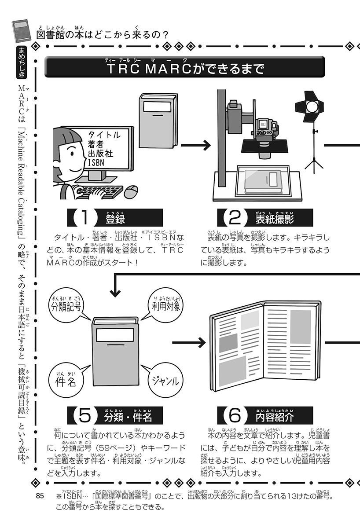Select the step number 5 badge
pyautogui.click(x=84, y=414)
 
